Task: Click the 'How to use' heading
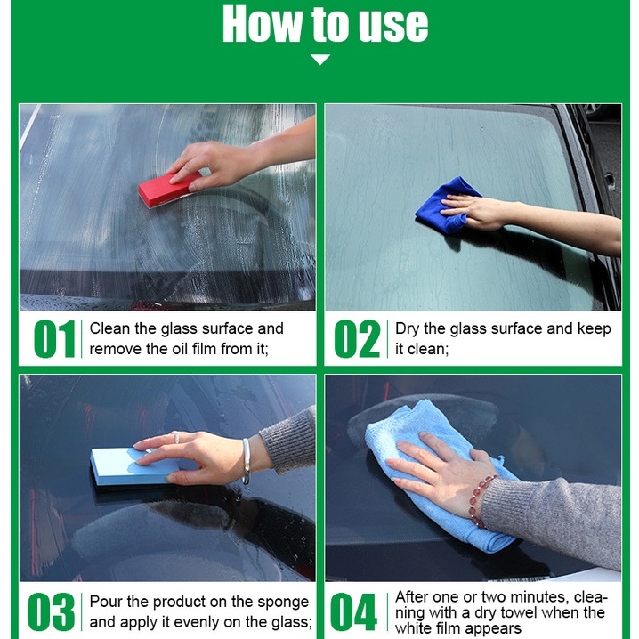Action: point(325,24)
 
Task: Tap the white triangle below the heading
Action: point(320,60)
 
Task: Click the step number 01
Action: point(54,339)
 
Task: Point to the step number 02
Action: point(357,339)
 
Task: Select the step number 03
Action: point(52,611)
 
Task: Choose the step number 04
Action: point(353,611)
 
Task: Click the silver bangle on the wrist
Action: point(246,460)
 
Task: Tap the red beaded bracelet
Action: point(481,501)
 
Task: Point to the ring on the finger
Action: point(176,438)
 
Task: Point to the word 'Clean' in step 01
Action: point(110,328)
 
